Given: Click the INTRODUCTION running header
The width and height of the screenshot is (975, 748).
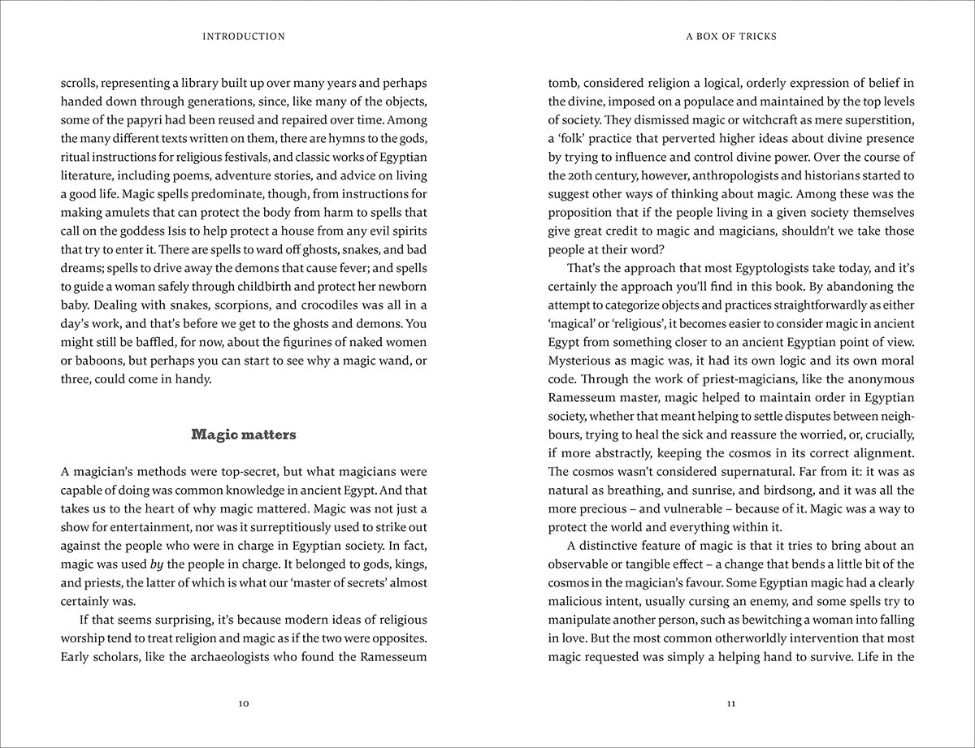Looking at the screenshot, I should pyautogui.click(x=244, y=37).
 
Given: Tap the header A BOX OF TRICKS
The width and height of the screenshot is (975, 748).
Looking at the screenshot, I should pyautogui.click(x=731, y=37).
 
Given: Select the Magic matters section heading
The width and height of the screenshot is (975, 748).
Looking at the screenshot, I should pyautogui.click(x=244, y=435).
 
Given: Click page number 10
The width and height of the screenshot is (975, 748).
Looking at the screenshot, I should pyautogui.click(x=244, y=703).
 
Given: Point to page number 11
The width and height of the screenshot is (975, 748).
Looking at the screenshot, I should pyautogui.click(x=731, y=703).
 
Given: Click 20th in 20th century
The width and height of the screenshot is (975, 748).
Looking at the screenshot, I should pyautogui.click(x=579, y=175).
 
